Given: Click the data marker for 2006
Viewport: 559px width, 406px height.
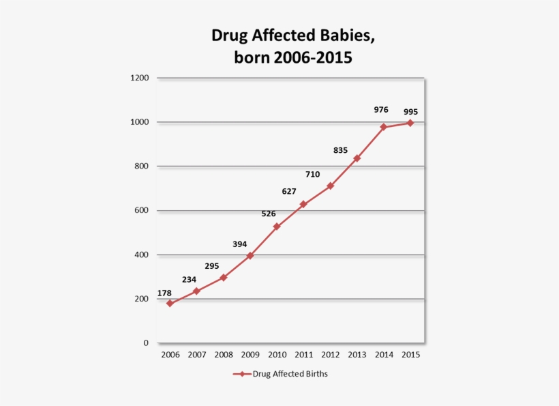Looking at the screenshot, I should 170,304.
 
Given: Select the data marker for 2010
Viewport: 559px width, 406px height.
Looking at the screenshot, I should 277,227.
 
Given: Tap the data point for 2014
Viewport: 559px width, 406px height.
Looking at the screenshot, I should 384,127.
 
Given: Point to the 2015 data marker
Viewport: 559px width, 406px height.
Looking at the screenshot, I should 410,123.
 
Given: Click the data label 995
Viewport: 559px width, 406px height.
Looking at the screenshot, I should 410,112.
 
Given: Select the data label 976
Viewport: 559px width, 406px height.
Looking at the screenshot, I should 381,109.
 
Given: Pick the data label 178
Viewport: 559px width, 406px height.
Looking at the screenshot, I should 164,293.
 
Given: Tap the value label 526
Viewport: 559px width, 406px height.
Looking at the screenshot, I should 269,214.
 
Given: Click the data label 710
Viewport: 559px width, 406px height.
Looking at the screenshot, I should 312,174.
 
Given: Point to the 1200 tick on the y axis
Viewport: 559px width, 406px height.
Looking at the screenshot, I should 139,78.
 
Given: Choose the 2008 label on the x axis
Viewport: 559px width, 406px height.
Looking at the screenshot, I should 224,355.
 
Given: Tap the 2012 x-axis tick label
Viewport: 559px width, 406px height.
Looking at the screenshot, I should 330,355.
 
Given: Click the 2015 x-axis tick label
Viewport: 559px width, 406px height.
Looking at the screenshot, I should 410,355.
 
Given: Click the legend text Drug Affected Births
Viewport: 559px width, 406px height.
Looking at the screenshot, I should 290,374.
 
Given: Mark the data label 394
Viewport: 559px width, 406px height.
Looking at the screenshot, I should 239,244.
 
